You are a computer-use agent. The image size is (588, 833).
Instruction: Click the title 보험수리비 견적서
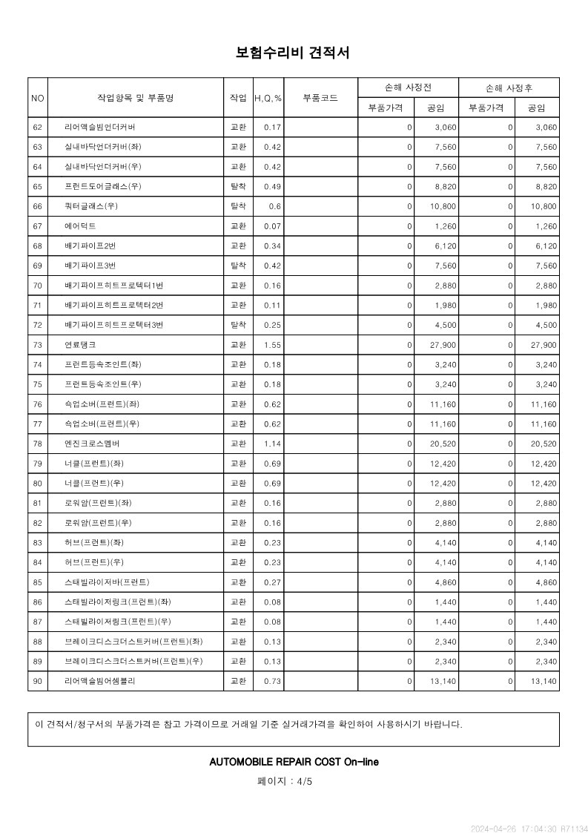click(293, 53)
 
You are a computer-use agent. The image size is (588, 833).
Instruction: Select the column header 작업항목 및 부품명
click(136, 98)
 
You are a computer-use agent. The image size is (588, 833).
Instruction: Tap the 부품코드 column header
click(320, 98)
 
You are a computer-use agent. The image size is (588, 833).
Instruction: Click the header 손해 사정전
click(408, 88)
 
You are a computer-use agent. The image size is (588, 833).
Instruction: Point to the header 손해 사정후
click(509, 88)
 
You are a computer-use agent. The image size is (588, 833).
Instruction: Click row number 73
click(38, 345)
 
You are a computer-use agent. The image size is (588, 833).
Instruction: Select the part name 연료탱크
click(80, 345)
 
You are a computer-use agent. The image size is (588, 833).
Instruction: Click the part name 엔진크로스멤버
click(92, 444)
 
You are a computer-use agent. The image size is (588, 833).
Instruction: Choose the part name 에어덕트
click(80, 226)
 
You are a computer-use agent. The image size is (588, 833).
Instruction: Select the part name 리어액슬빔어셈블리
click(100, 680)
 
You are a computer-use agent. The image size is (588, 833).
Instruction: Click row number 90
click(38, 680)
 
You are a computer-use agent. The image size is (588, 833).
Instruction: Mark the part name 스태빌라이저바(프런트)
click(107, 582)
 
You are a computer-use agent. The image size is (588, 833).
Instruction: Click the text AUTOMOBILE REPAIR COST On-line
click(294, 762)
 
